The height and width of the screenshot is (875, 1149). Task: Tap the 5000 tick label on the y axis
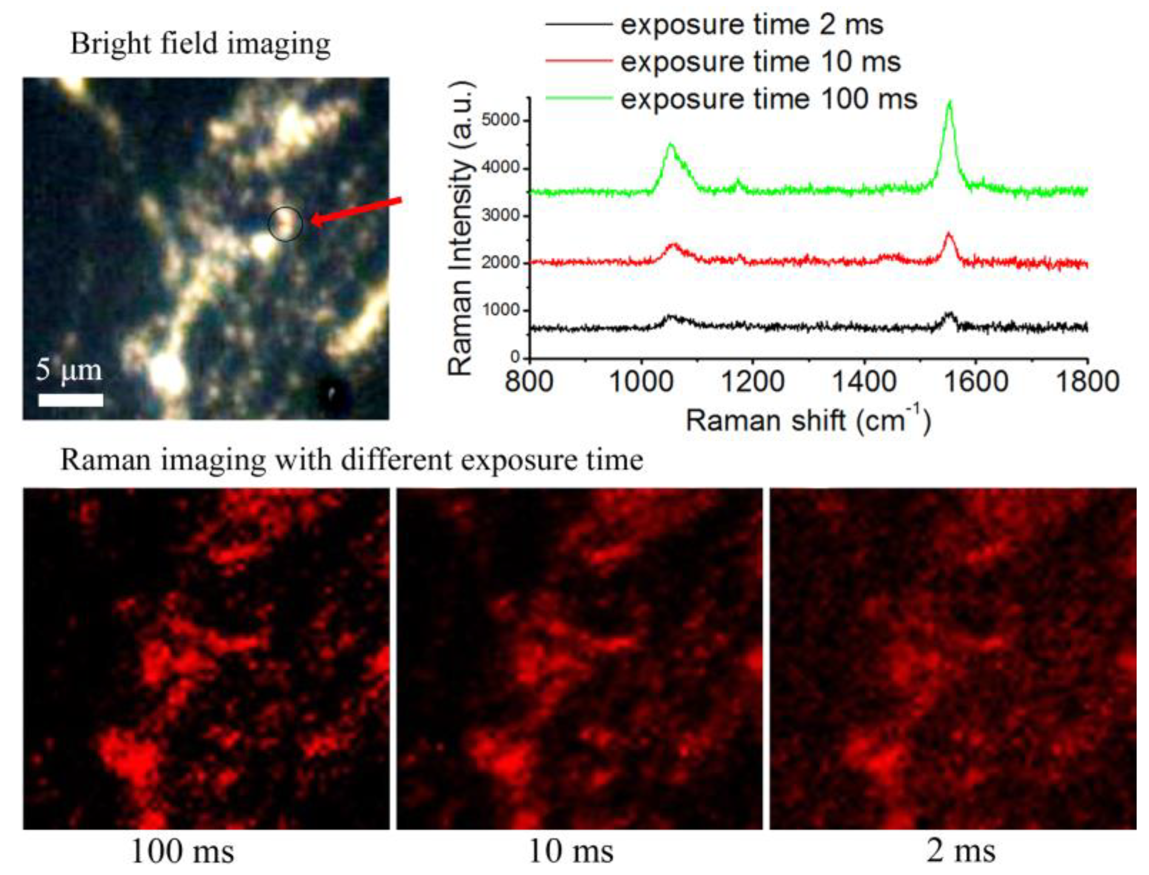(x=500, y=120)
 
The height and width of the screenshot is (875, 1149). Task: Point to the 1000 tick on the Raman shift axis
(x=641, y=382)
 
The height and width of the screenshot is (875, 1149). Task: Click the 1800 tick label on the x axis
(x=1087, y=382)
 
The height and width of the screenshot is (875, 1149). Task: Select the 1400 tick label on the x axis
(x=864, y=382)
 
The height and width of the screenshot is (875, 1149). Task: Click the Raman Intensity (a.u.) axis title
(x=460, y=229)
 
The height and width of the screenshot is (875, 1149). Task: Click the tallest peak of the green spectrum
(x=950, y=103)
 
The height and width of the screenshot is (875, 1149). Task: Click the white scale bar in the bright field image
(x=70, y=399)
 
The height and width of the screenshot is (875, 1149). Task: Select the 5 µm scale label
(x=69, y=370)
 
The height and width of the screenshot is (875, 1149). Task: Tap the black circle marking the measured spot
(x=285, y=224)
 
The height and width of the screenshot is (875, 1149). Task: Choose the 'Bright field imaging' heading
(x=201, y=44)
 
